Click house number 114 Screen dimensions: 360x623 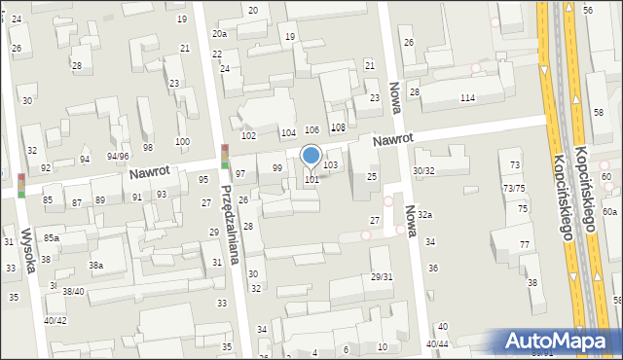(467, 98)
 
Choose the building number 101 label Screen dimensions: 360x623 (311, 180)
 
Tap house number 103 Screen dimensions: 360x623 (331, 165)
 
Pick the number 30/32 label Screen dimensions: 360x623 (423, 171)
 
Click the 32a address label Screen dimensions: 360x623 (425, 214)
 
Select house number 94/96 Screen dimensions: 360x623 (118, 156)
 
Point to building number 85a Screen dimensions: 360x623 (51, 237)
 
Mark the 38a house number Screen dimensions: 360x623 (95, 265)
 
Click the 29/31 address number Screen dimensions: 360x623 (382, 277)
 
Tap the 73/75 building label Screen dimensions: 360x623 (514, 188)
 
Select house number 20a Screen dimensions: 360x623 (220, 33)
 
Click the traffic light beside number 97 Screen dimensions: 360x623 (225, 157)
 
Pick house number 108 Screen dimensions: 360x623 (338, 127)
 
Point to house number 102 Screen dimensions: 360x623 (248, 136)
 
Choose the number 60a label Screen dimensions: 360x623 (609, 211)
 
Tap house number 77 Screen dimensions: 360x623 (524, 244)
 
